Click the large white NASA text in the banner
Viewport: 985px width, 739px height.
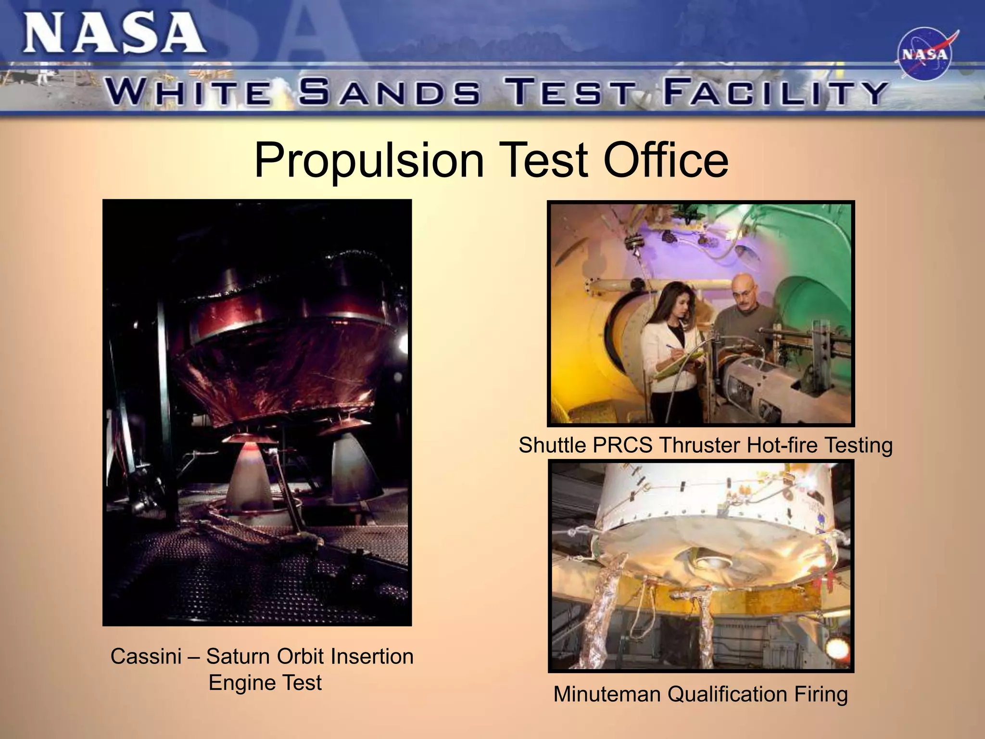pos(114,34)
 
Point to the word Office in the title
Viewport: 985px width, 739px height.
pos(666,160)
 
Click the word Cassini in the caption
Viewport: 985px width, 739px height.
pos(146,656)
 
